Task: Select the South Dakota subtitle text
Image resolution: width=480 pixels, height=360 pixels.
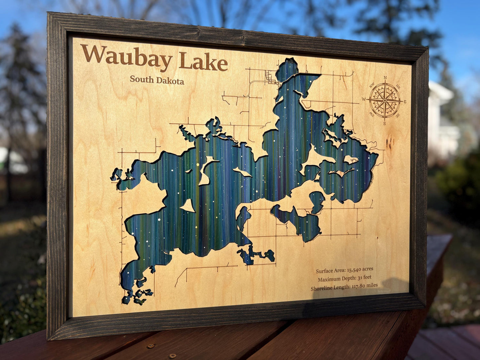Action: pos(157,80)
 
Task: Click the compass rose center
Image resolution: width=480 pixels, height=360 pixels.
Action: pos(385,100)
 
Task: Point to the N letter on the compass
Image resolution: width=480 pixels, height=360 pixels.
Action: pos(385,78)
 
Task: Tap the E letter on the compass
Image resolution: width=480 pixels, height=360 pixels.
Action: pos(405,102)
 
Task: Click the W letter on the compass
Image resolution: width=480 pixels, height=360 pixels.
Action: pos(364,99)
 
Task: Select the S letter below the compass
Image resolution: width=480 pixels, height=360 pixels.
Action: pos(385,124)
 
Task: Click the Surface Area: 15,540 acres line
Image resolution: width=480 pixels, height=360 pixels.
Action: pos(344,270)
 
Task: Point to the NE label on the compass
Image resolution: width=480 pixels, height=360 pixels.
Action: pos(398,87)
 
